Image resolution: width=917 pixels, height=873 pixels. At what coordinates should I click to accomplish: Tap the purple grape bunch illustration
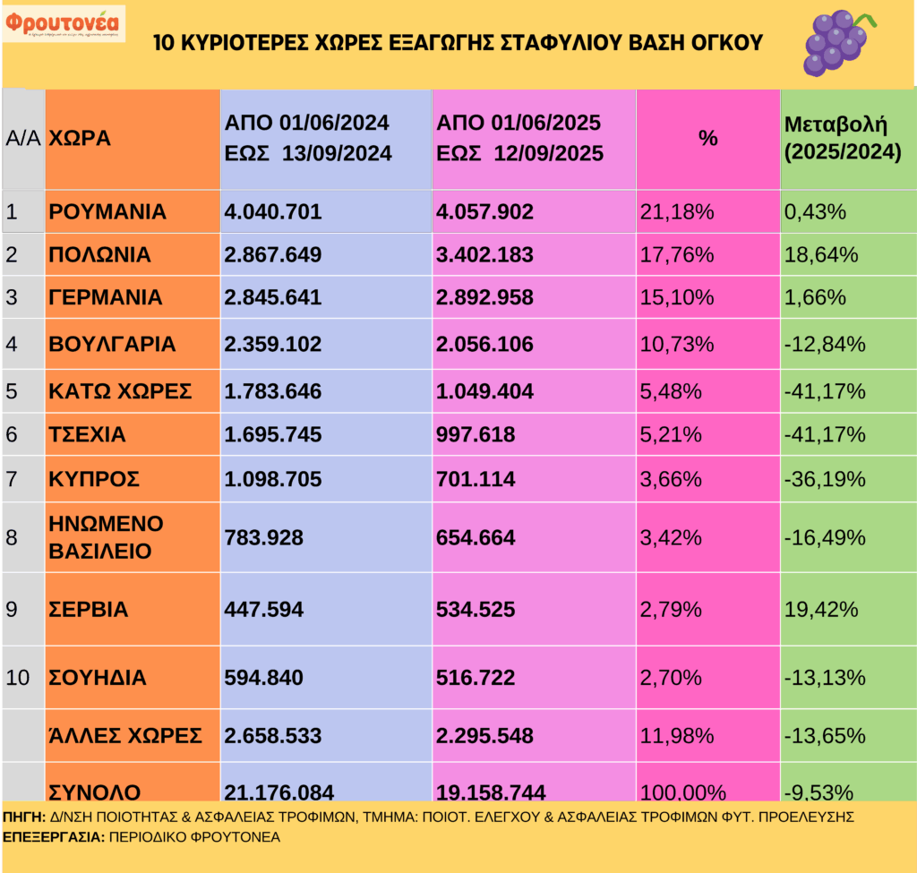[x=835, y=41]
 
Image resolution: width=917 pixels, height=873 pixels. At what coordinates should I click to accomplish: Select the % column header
[x=708, y=139]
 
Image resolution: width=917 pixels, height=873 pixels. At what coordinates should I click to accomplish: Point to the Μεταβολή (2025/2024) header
[x=842, y=139]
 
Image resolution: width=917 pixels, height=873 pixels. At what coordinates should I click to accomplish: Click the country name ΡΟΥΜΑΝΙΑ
[x=107, y=212]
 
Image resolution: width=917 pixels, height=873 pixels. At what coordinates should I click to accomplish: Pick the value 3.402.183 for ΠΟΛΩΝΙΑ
[x=484, y=255]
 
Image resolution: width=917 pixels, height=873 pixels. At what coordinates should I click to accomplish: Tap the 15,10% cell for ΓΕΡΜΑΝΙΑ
[x=678, y=298]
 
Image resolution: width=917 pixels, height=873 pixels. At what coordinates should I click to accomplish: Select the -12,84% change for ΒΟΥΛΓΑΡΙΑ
[x=825, y=345]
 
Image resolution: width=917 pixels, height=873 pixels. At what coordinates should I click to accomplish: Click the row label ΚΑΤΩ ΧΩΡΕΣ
[x=120, y=391]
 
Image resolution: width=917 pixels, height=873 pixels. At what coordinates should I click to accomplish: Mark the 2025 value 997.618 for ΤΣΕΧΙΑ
[x=476, y=435]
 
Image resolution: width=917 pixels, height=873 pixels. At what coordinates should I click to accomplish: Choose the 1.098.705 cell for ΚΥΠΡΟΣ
[x=273, y=479]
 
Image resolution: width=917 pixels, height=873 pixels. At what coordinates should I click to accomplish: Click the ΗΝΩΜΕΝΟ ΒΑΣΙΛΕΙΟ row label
[x=107, y=537]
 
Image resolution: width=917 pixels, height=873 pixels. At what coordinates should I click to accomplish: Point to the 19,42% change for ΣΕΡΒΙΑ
[x=820, y=610]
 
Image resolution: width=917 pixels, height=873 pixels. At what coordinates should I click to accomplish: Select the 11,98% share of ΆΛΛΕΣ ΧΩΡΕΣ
[x=678, y=736]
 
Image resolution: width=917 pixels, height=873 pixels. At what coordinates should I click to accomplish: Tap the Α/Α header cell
[x=23, y=139]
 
